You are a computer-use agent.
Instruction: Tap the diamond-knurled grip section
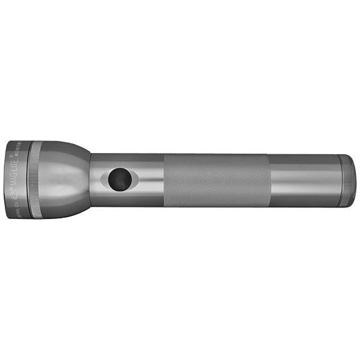click(216, 180)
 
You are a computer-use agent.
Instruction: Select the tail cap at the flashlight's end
click(347, 181)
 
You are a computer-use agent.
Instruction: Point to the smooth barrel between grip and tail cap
click(303, 180)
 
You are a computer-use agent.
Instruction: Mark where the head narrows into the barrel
click(90, 180)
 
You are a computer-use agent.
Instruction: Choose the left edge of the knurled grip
click(166, 180)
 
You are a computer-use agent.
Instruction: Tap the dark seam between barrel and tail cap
click(338, 181)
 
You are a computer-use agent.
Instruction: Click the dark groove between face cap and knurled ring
click(29, 180)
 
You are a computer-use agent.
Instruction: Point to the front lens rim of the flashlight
click(8, 180)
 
